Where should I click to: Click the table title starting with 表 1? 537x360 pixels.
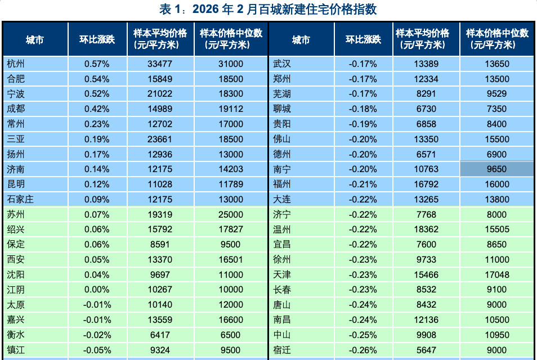click(x=268, y=10)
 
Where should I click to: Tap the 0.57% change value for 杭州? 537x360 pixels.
click(x=97, y=64)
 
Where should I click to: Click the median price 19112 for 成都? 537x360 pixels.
click(x=231, y=109)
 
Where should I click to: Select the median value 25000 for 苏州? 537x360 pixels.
click(x=231, y=214)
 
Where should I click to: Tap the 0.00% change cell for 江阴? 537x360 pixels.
click(x=97, y=290)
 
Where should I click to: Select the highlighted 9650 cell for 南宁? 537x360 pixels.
click(x=496, y=169)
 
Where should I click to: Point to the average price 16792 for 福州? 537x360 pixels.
click(x=426, y=184)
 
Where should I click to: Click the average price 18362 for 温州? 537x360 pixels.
click(x=426, y=229)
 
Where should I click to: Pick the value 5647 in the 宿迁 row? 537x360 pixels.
click(x=426, y=350)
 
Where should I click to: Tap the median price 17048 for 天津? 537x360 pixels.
click(x=496, y=274)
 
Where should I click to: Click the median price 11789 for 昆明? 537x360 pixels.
click(x=231, y=184)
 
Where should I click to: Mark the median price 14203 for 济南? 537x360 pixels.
click(x=231, y=169)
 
